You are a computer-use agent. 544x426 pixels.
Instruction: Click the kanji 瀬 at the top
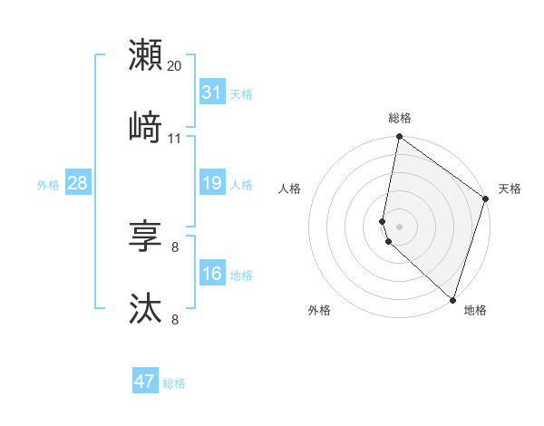pos(145,55)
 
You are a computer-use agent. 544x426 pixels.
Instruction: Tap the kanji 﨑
pos(145,128)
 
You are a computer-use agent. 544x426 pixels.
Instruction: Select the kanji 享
pos(145,237)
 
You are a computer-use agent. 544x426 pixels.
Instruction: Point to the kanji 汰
pos(145,309)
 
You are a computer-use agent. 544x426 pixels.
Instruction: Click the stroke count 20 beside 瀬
pos(175,66)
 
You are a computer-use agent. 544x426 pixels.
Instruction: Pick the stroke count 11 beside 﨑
pos(175,139)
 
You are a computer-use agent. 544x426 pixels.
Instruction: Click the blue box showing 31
pos(212,92)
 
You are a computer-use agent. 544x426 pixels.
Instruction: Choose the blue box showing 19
pos(212,183)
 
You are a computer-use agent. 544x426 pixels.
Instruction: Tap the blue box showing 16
pos(212,274)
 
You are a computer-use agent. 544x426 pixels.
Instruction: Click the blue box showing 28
pos(78,183)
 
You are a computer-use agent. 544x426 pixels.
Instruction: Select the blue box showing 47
pos(145,382)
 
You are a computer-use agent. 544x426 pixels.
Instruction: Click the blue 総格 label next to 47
pos(175,383)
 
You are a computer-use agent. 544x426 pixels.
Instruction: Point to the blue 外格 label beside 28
pos(48,185)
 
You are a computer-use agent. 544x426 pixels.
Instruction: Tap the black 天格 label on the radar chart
pos(510,189)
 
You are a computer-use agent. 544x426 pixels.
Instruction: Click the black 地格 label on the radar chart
pos(475,311)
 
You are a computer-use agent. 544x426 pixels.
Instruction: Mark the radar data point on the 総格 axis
pos(399,138)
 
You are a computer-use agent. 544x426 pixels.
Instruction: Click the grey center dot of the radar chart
pos(399,226)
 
